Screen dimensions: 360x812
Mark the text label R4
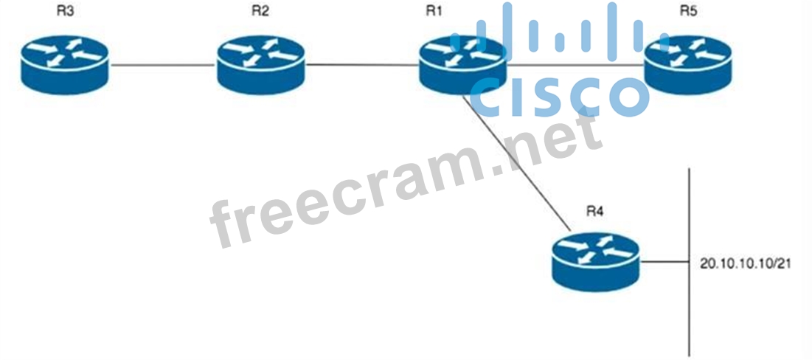(594, 211)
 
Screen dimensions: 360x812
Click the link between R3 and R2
(162, 65)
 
